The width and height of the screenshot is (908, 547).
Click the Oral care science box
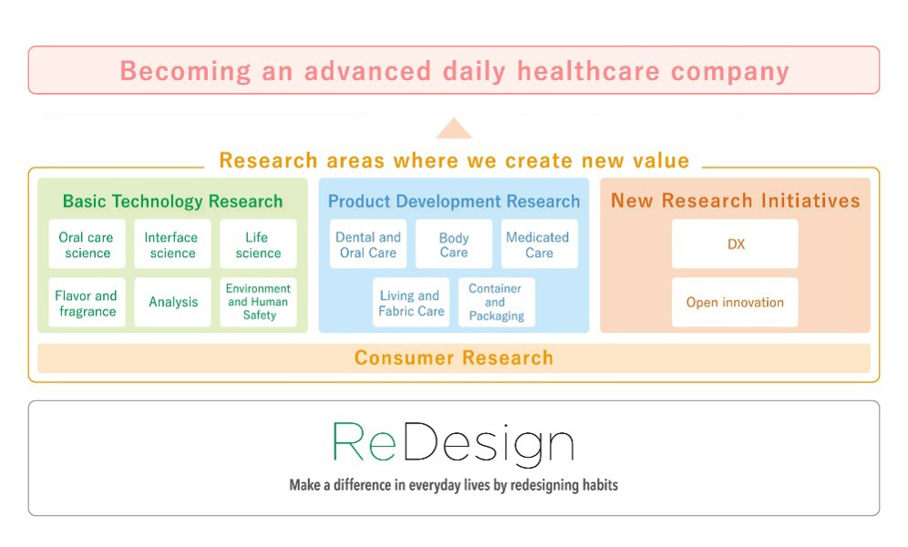pos(87,243)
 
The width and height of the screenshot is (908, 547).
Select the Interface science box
pos(172,243)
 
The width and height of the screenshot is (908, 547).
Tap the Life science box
pos(258,243)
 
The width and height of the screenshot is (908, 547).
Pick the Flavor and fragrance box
pos(87,302)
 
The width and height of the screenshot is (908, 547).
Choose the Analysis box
pos(172,302)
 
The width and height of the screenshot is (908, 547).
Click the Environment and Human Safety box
pos(258,302)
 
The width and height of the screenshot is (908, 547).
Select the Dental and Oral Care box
pos(368,243)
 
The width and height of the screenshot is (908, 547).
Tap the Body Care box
pos(454,243)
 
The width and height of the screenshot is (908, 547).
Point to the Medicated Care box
pos(539,243)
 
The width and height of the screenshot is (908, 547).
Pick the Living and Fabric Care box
pos(411,302)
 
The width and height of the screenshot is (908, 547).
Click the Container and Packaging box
pos(497,302)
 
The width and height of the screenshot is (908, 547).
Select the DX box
pos(735,243)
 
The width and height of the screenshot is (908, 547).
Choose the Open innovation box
pos(735,302)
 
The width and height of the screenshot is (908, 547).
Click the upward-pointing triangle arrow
pos(454,129)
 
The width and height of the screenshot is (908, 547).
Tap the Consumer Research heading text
pos(454,357)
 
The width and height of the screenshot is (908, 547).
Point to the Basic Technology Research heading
pos(172,201)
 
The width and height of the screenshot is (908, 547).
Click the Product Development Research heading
pos(454,201)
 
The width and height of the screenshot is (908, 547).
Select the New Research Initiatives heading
pos(736,201)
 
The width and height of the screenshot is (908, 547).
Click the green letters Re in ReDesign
pos(365,441)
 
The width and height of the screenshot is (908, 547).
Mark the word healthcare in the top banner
pos(588,71)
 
